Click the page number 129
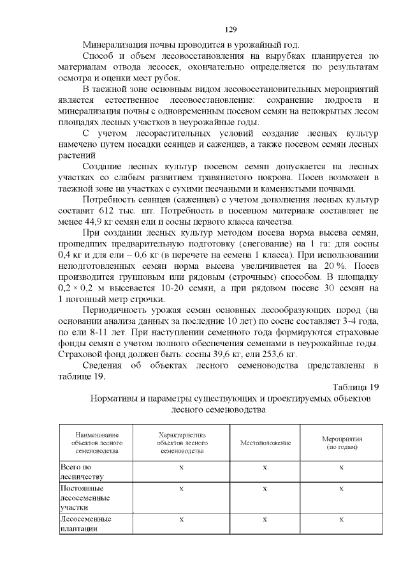coord(231,29)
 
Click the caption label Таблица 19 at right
coord(356,387)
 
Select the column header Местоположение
coord(265,443)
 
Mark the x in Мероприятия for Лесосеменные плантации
coord(342,519)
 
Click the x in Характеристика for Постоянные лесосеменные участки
coord(182,489)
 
